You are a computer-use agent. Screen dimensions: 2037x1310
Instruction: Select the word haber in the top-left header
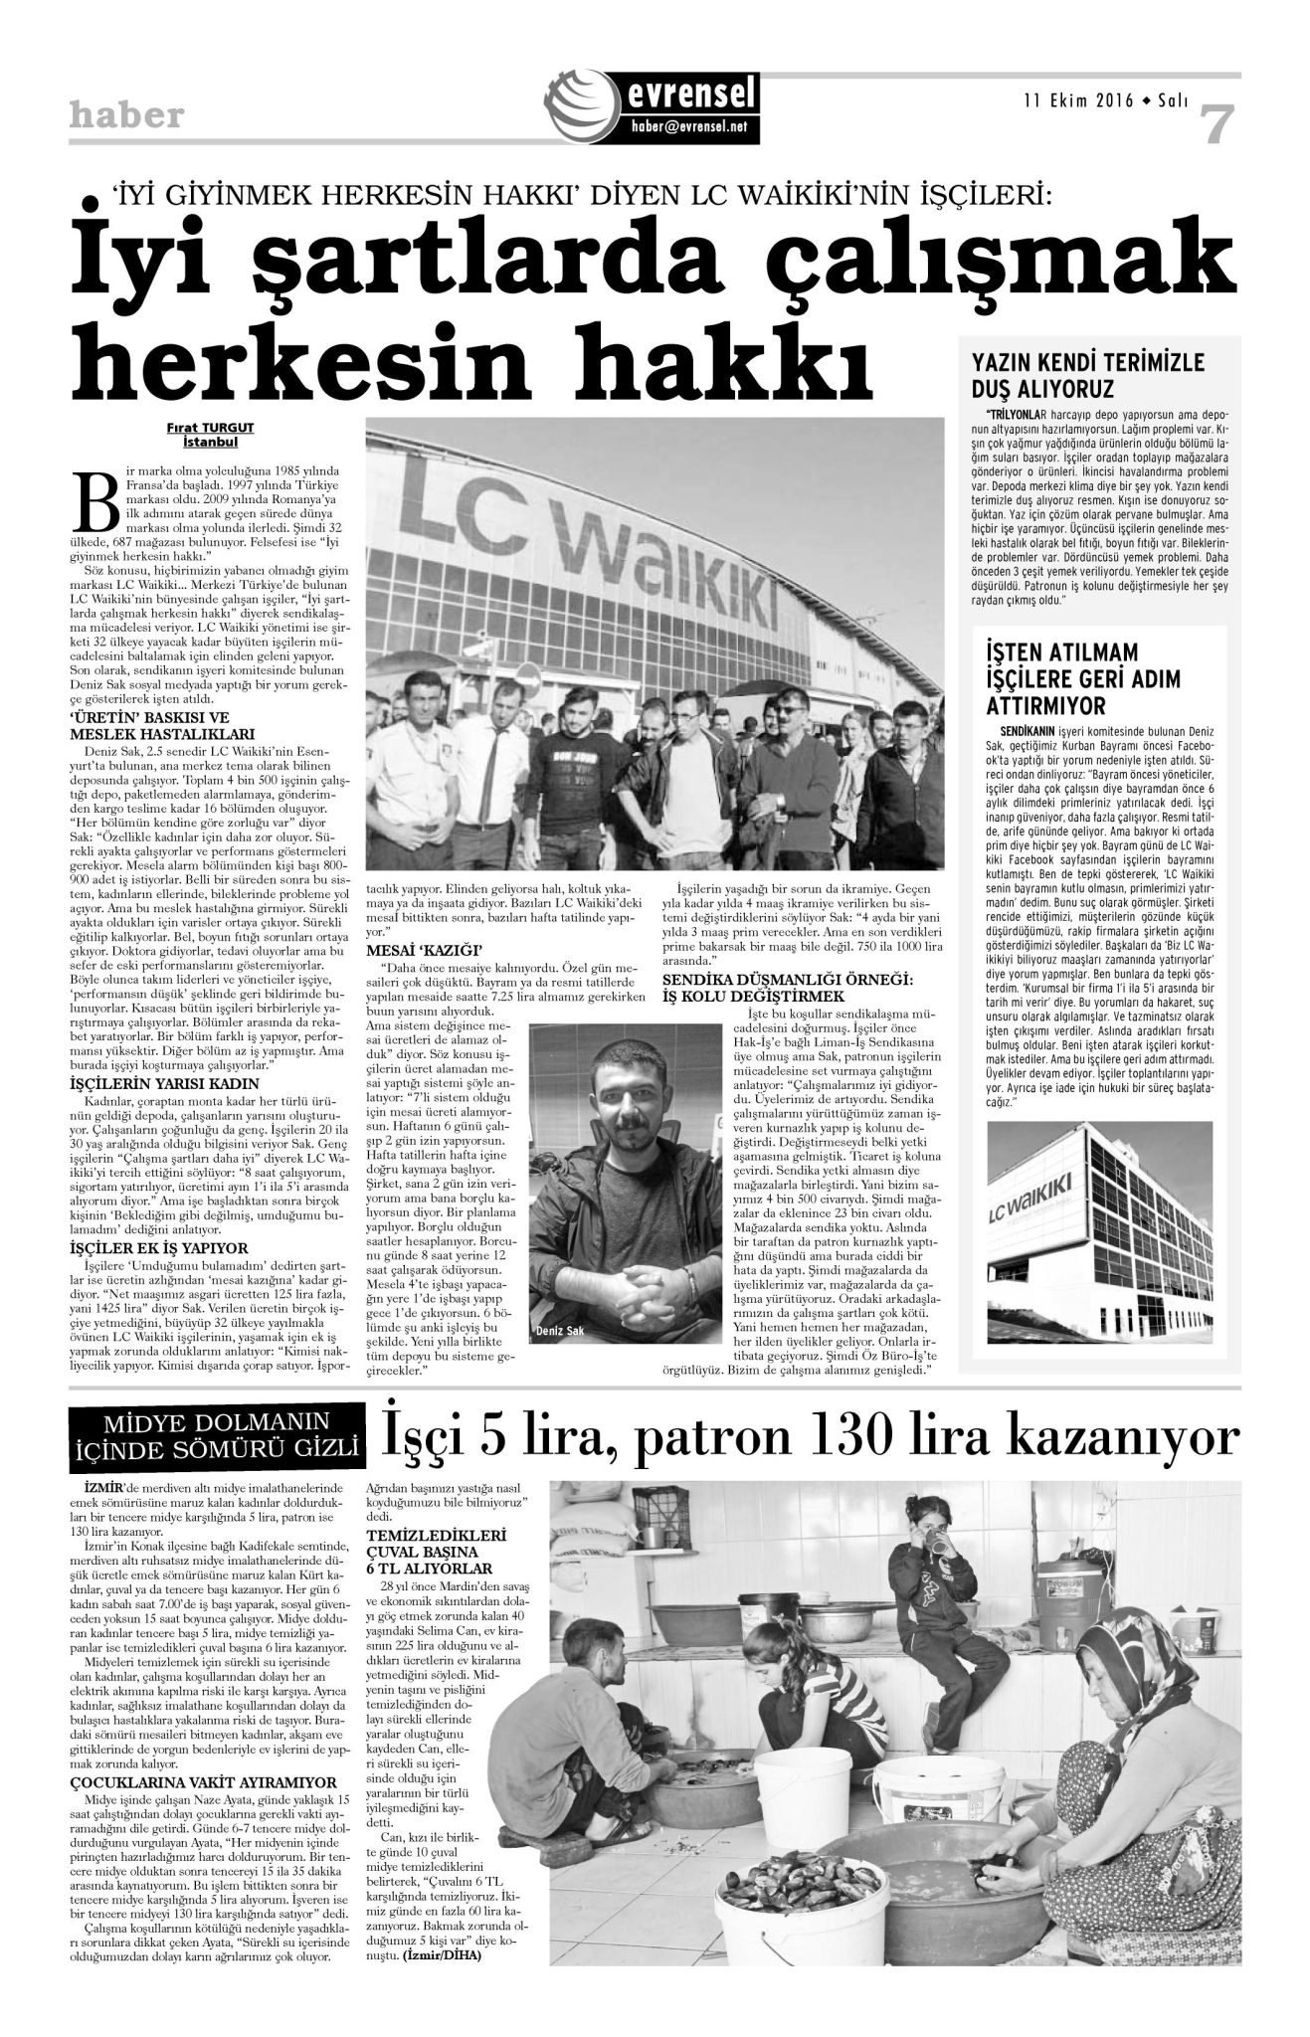[126, 116]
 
